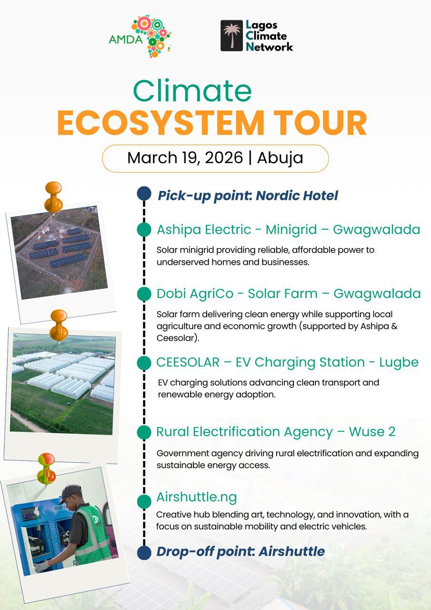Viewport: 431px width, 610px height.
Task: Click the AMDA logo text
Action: (x=125, y=40)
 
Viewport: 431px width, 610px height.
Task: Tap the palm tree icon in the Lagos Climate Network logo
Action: (x=231, y=36)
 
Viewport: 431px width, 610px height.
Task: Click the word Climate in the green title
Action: (x=192, y=91)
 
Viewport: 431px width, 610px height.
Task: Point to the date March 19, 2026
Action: (x=185, y=158)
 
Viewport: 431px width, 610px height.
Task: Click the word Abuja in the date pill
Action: (x=280, y=158)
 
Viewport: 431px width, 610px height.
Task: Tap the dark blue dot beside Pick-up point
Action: (x=144, y=193)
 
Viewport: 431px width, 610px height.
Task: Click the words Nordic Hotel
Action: (x=297, y=195)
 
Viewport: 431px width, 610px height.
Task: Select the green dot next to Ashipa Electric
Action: (x=144, y=229)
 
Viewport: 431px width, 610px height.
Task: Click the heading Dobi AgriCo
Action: (x=195, y=294)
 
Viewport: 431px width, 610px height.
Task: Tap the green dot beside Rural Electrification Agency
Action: (x=144, y=432)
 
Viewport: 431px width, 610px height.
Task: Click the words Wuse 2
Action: (x=372, y=432)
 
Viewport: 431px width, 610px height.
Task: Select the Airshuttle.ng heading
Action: (x=197, y=498)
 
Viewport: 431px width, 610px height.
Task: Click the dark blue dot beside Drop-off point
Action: (x=144, y=553)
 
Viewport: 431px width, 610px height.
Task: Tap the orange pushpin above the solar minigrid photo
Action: (x=53, y=197)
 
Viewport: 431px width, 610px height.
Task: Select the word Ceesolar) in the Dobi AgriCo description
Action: (x=178, y=338)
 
